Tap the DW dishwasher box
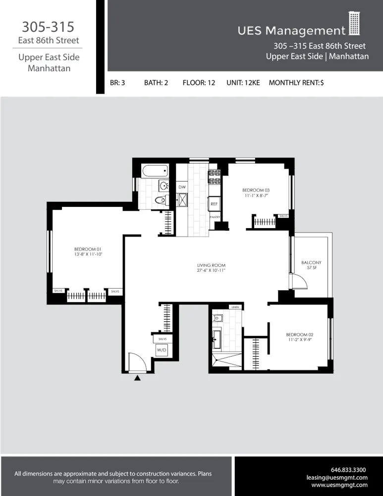(x=182, y=187)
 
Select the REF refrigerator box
(x=214, y=204)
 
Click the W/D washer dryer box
(x=162, y=350)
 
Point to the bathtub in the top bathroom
(x=155, y=172)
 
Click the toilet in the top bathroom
(x=160, y=200)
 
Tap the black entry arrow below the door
(x=138, y=378)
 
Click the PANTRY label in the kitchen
(x=215, y=217)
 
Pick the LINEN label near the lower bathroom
(x=234, y=307)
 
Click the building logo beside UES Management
(x=354, y=24)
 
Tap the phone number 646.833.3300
(x=348, y=470)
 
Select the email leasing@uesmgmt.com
(x=337, y=477)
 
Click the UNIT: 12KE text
(x=243, y=83)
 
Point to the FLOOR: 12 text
(x=199, y=83)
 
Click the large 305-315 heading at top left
(x=48, y=26)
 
